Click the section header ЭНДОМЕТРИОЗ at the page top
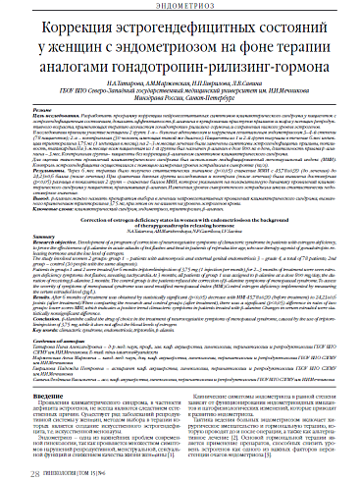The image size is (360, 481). [180, 6]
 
